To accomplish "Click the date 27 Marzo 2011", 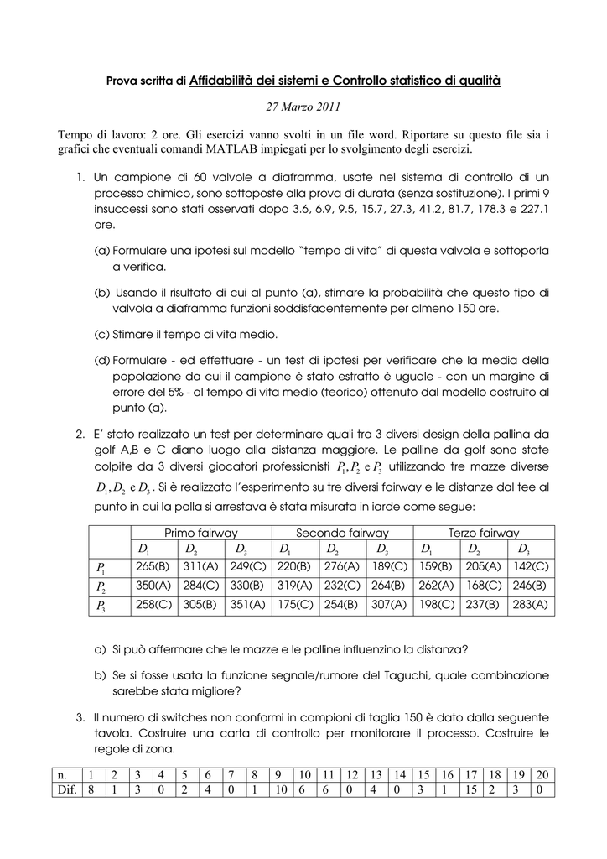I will [x=303, y=107].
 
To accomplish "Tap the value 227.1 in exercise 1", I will [x=533, y=210].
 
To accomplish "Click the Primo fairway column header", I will [x=201, y=533].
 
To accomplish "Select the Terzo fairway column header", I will [x=484, y=533].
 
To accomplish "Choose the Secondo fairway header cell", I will [x=342, y=533].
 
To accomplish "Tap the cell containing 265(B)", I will [x=153, y=567].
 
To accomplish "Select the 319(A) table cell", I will [x=295, y=586].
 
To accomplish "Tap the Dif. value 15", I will [x=470, y=790].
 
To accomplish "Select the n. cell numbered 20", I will [x=542, y=774].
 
